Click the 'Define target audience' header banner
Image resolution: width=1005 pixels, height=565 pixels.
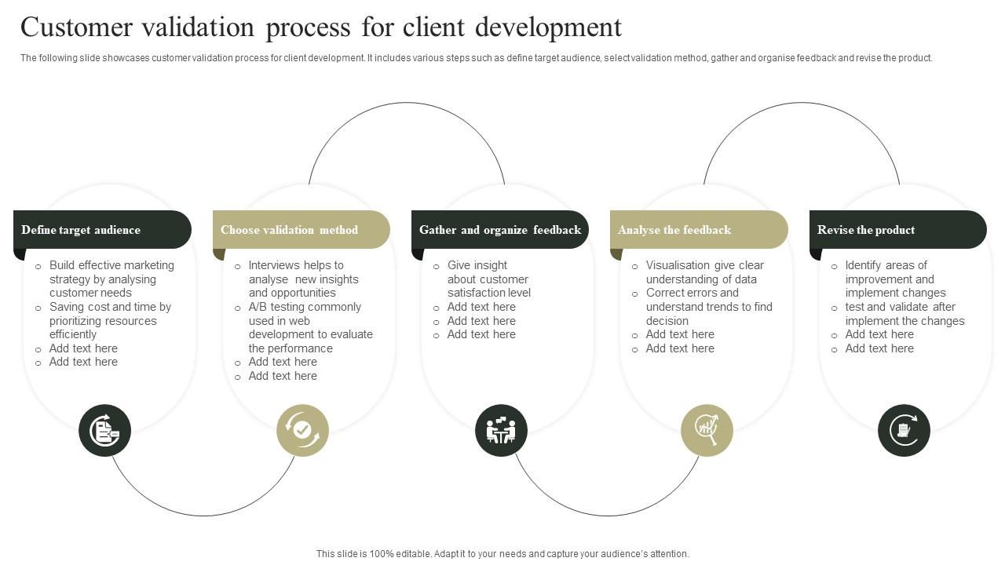click(102, 230)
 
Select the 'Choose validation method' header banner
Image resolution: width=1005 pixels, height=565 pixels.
click(301, 230)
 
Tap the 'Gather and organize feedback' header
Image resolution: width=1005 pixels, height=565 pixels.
click(500, 230)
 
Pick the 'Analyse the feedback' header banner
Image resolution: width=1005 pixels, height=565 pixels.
click(699, 230)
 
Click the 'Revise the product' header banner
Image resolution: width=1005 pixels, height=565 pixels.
click(898, 230)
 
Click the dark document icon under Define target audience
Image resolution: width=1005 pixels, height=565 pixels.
click(104, 431)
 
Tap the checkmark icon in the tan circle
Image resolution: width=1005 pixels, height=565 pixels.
click(302, 431)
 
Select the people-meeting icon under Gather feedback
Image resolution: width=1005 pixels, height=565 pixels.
click(501, 431)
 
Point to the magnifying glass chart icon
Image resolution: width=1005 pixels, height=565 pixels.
click(707, 431)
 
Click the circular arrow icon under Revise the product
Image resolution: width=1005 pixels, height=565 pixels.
click(904, 431)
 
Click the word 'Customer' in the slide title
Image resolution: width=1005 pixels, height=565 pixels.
click(77, 27)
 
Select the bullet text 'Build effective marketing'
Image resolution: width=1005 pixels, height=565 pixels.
click(111, 265)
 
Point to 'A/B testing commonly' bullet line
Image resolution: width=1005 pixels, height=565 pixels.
click(305, 307)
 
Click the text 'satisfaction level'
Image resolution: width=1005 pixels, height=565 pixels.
click(488, 293)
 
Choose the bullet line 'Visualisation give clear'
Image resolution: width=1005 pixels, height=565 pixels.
click(704, 265)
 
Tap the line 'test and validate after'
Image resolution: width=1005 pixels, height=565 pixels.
click(900, 307)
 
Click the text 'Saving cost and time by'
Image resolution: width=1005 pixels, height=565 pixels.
click(110, 307)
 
